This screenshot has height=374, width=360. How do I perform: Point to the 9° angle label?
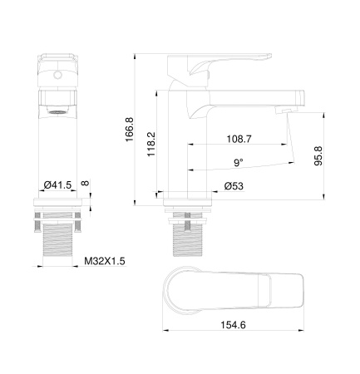(238, 162)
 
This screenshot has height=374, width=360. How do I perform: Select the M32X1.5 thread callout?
(104, 260)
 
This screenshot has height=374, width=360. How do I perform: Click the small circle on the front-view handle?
(57, 74)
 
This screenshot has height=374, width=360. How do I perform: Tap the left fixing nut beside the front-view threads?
(37, 222)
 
